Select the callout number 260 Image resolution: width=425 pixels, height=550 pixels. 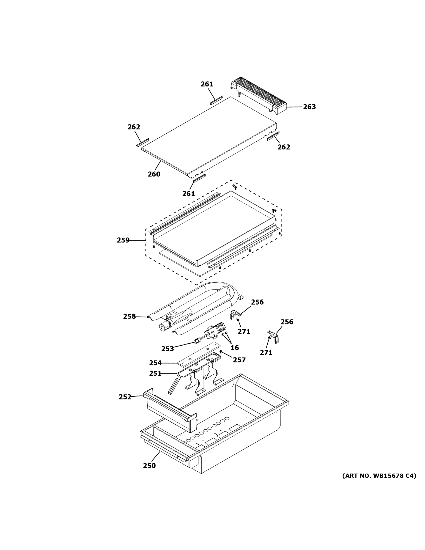pyautogui.click(x=154, y=174)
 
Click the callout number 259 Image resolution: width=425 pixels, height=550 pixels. pyautogui.click(x=123, y=240)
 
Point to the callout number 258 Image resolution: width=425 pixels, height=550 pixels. pyautogui.click(x=129, y=316)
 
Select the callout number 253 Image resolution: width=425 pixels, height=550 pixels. pyautogui.click(x=167, y=349)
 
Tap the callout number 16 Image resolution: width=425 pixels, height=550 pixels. pyautogui.click(x=235, y=348)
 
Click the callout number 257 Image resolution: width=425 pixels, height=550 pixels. pyautogui.click(x=239, y=360)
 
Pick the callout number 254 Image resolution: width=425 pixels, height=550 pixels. pyautogui.click(x=155, y=363)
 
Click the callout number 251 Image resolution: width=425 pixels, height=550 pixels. pyautogui.click(x=155, y=374)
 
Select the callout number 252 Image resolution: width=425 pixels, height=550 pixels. pyautogui.click(x=125, y=397)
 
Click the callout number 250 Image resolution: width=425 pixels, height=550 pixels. pyautogui.click(x=149, y=466)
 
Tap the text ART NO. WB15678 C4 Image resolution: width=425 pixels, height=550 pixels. pyautogui.click(x=379, y=476)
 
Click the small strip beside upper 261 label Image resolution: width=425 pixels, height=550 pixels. pyautogui.click(x=216, y=100)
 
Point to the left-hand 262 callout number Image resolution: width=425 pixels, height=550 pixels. pyautogui.click(x=134, y=127)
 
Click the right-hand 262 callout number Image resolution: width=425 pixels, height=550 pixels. pyautogui.click(x=284, y=147)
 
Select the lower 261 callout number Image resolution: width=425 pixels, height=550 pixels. pyautogui.click(x=189, y=193)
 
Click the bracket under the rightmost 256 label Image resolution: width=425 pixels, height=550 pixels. pyautogui.click(x=274, y=336)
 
